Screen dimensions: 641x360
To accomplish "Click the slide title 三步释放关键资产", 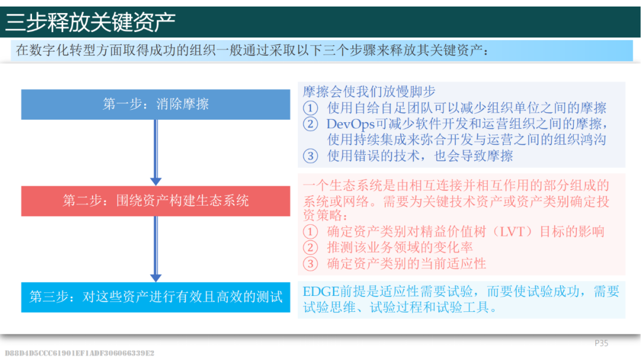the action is coord(90,22).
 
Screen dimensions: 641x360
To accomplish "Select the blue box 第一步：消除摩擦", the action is coord(156,104).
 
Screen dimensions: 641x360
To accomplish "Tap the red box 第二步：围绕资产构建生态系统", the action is coord(156,201).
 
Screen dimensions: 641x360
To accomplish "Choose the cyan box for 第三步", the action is coord(156,297).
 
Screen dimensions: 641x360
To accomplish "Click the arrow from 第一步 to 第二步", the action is coord(156,152).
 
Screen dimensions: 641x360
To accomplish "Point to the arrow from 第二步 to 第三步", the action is coord(156,249).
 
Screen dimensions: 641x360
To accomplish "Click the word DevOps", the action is coord(350,124).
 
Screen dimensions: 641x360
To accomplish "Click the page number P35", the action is coord(601,343).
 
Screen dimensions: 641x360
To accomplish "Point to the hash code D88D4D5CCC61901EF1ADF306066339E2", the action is coord(80,353).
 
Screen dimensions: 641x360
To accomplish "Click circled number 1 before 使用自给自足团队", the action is coord(310,109).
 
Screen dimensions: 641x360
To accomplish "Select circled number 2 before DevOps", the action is coord(310,124).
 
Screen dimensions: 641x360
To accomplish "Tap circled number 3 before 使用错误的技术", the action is coord(310,156).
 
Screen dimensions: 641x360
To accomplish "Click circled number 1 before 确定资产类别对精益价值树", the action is coord(310,232).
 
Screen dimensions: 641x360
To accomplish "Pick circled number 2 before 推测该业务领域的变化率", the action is coord(310,247).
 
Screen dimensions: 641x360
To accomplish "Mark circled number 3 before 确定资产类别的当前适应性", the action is coord(310,263).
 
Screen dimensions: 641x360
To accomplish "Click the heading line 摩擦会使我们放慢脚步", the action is coord(369,91).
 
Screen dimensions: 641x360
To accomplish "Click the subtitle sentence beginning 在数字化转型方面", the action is coord(252,50).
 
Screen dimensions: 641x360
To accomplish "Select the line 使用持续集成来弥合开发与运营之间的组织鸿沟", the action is coord(467,140).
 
